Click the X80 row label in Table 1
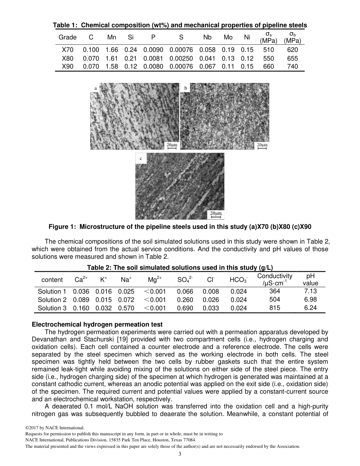67,58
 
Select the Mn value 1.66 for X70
112,50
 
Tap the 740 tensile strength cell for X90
292,66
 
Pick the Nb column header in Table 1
207,37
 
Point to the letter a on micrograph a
95,88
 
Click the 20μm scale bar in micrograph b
261,146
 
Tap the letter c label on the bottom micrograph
141,158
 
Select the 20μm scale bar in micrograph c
216,215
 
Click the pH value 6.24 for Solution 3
310,308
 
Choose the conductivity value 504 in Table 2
275,299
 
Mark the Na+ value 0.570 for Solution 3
126,308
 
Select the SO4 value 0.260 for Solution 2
185,300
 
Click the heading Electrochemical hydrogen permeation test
97,324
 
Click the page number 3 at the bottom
180,454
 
